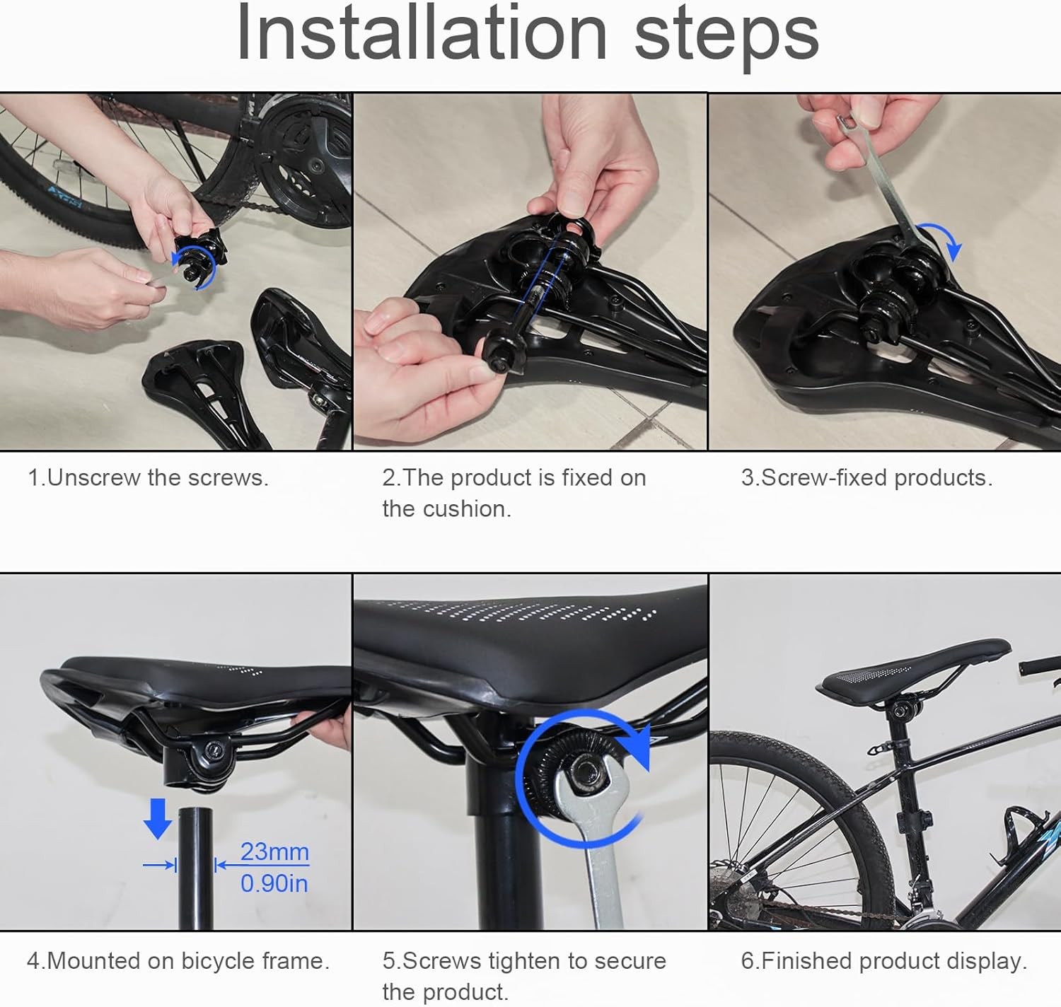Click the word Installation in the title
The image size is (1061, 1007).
(422, 33)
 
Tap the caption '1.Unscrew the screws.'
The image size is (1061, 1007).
(148, 478)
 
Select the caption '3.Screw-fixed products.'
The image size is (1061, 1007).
(866, 478)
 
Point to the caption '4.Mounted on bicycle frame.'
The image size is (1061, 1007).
(178, 961)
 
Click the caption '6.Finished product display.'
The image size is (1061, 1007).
(883, 961)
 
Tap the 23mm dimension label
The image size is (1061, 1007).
(274, 851)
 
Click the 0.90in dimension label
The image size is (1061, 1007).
(274, 883)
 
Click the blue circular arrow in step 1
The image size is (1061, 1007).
(195, 267)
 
